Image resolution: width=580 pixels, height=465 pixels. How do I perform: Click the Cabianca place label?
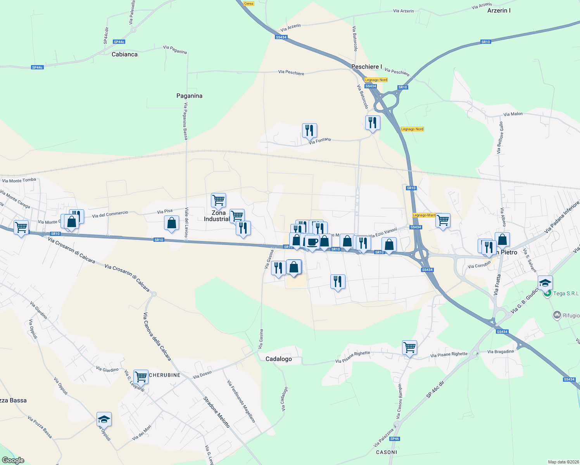(124, 54)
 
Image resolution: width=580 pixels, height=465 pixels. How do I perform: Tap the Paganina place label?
(189, 96)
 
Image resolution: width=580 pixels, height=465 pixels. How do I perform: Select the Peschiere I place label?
(366, 67)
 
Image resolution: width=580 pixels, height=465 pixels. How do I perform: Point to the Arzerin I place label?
(499, 10)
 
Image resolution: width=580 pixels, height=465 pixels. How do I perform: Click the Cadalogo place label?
(278, 359)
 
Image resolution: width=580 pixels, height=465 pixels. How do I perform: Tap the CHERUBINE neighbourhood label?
(165, 375)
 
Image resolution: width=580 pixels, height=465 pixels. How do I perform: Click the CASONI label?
(387, 452)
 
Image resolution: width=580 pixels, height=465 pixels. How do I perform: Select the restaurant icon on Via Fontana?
(309, 131)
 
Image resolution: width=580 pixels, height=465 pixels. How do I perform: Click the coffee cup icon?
(312, 242)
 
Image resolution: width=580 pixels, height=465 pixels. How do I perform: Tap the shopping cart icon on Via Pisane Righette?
(409, 347)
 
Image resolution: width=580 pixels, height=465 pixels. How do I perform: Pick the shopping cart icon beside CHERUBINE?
(141, 376)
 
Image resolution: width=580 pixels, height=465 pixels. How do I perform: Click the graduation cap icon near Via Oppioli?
(104, 419)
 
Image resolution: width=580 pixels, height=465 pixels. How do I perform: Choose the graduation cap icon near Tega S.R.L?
(545, 282)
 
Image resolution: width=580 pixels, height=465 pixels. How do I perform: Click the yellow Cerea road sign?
(249, 3)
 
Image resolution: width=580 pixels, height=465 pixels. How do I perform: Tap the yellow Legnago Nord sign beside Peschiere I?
(376, 80)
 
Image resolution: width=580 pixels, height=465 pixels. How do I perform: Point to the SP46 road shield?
(394, 439)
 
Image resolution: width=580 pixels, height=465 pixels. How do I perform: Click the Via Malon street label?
(513, 114)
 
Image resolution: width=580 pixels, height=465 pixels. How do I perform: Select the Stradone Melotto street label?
(217, 412)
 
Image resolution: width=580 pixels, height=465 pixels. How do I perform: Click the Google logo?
(13, 460)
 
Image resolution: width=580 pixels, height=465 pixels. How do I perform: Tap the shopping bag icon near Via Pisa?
(171, 223)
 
